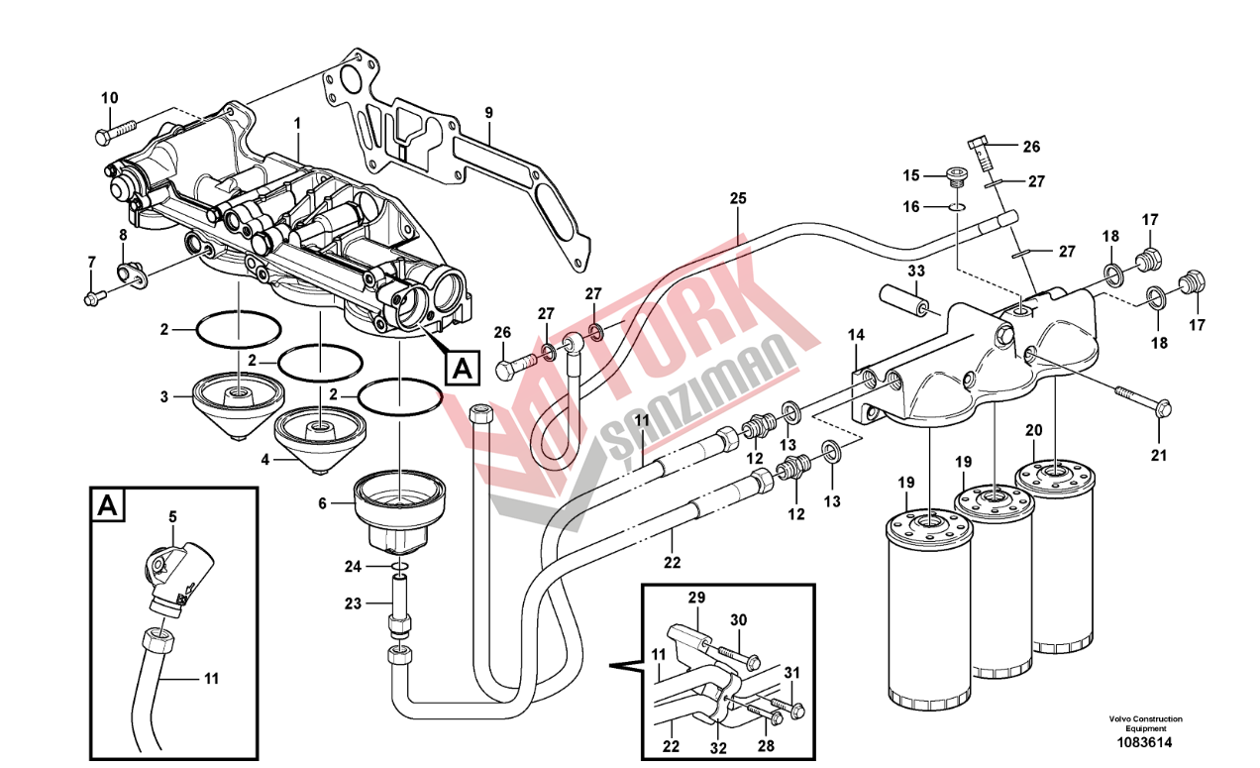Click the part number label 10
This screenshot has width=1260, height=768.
pos(109,97)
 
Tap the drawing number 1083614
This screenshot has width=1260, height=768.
pos(1144,741)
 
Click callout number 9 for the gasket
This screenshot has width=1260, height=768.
pos(487,112)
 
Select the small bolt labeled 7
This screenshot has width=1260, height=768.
pos(93,296)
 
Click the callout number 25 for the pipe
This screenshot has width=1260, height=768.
pos(737,198)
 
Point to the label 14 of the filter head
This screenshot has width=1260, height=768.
pos(856,336)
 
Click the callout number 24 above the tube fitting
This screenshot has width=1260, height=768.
pos(355,567)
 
